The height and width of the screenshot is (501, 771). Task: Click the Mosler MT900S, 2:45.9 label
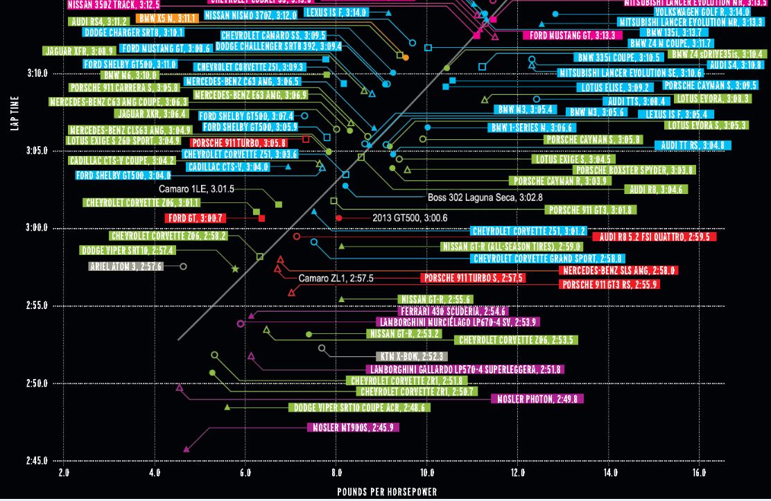tap(353, 428)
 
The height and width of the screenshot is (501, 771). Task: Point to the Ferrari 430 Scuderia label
tap(453, 312)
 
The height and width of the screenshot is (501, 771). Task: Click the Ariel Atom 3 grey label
tap(126, 266)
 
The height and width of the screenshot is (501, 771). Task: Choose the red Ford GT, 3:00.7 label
tap(196, 218)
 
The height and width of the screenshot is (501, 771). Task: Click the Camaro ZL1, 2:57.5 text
tap(336, 279)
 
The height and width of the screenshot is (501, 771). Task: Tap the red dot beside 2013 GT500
tap(339, 218)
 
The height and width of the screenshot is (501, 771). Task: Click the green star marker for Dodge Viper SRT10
tap(235, 269)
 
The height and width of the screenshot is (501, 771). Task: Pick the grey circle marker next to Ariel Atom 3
tap(183, 266)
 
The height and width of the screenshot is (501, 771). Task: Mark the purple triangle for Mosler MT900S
tap(187, 450)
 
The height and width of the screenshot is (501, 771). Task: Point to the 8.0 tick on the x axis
tap(336, 473)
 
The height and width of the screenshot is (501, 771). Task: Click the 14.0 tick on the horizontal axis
tap(609, 473)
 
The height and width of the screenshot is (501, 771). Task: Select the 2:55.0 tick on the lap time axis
tap(37, 306)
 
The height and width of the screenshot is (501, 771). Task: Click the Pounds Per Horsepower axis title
tap(387, 492)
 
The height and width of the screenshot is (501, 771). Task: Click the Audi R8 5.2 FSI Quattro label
tap(654, 237)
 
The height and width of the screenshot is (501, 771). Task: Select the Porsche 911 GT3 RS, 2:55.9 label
tap(609, 285)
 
